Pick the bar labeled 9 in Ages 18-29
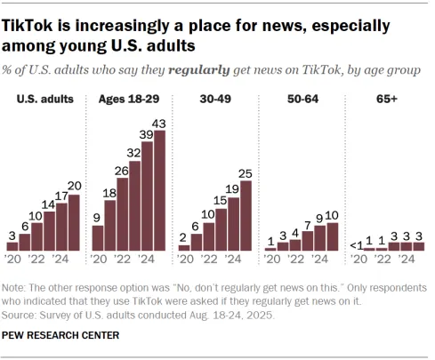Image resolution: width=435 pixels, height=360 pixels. click(x=98, y=237)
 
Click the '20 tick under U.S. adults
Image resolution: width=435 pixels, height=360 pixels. click(x=12, y=260)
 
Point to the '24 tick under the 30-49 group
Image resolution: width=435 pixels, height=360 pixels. click(x=233, y=260)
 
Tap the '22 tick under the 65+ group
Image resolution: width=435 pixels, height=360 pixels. click(x=382, y=260)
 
